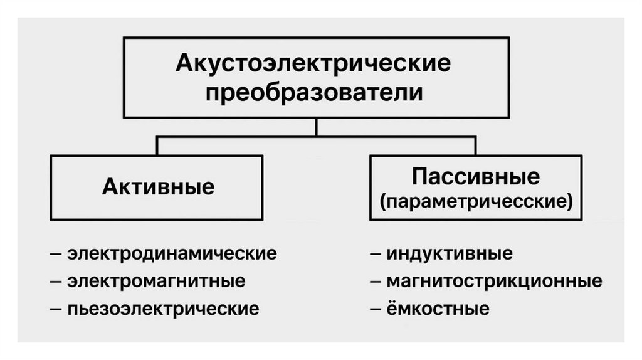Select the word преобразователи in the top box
pyautogui.click(x=315, y=93)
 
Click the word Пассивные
pyautogui.click(x=475, y=177)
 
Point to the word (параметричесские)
pyautogui.click(x=476, y=202)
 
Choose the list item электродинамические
pyautogui.click(x=172, y=254)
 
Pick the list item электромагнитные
pyautogui.click(x=156, y=281)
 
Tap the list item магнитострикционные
pyautogui.click(x=494, y=281)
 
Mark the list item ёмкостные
pyautogui.click(x=438, y=309)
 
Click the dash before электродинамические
pyautogui.click(x=56, y=255)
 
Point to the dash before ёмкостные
pyautogui.click(x=376, y=309)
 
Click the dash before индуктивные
pyautogui.click(x=376, y=255)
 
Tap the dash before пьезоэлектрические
pyautogui.click(x=56, y=309)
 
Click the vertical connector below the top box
pyautogui.click(x=316, y=127)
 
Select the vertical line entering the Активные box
pyautogui.click(x=157, y=146)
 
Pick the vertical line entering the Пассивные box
pyautogui.click(x=475, y=146)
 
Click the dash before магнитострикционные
pyautogui.click(x=376, y=282)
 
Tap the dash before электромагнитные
pyautogui.click(x=56, y=282)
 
